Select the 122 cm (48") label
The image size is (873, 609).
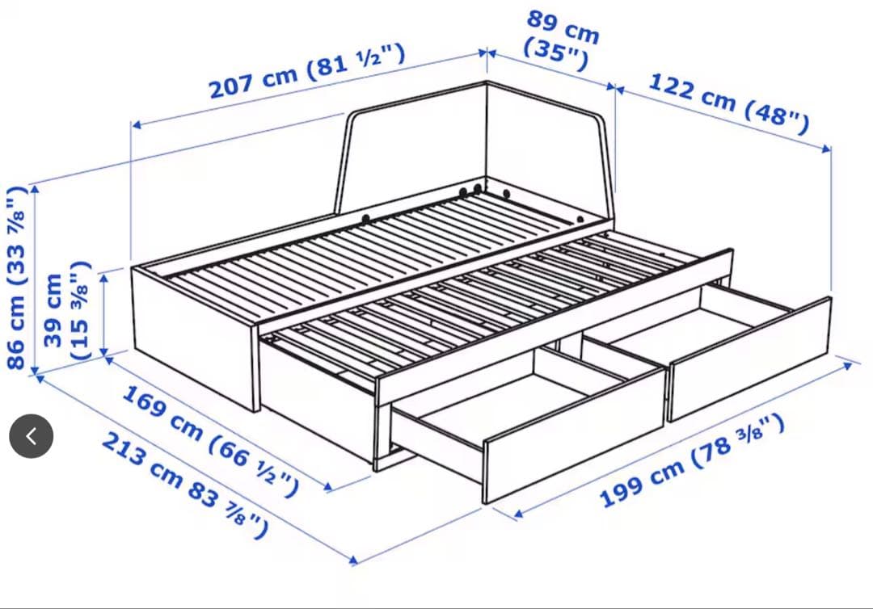[x=729, y=103]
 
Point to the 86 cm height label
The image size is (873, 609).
[x=17, y=278]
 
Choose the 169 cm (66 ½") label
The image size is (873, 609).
[x=210, y=440]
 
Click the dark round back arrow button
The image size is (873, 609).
[x=32, y=436]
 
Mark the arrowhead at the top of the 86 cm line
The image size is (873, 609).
[x=35, y=189]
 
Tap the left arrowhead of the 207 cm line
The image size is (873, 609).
[x=137, y=125]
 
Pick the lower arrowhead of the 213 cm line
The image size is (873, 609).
[x=352, y=560]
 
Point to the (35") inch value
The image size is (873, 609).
[x=555, y=55]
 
